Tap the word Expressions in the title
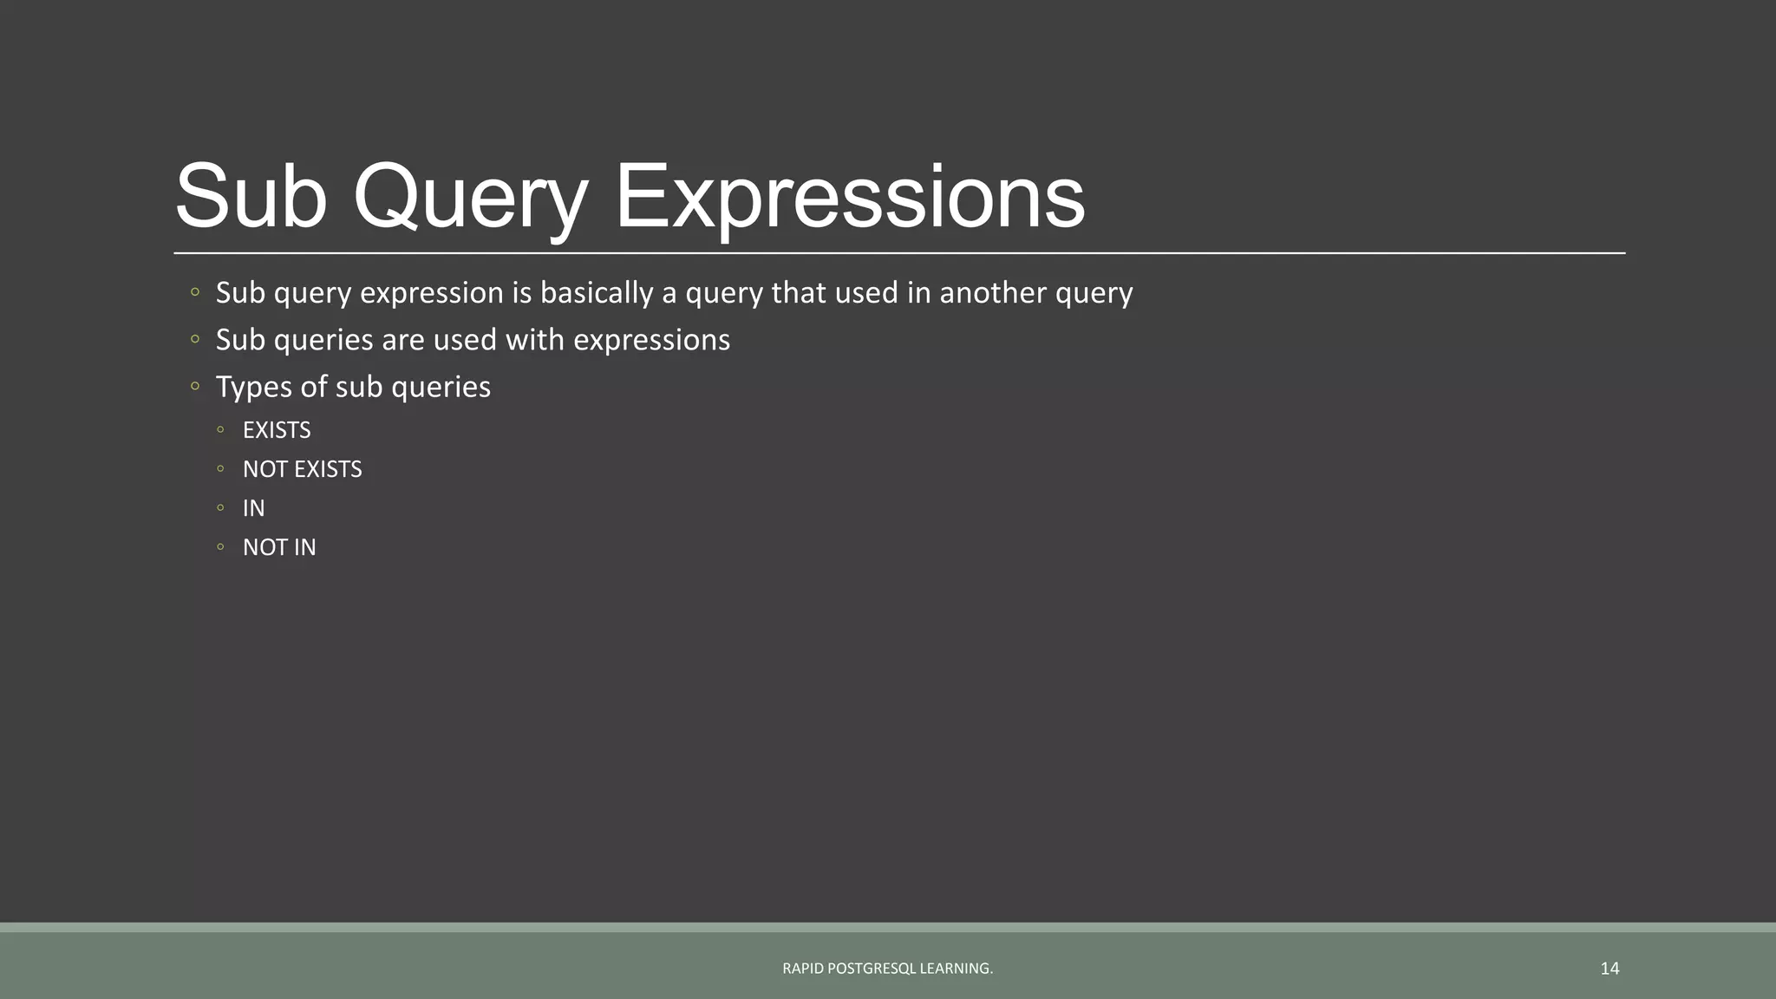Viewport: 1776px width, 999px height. click(x=849, y=198)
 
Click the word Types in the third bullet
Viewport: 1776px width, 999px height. click(x=253, y=387)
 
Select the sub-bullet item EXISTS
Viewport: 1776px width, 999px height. click(x=276, y=430)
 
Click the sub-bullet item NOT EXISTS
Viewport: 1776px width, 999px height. click(x=302, y=469)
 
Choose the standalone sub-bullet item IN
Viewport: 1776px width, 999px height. click(x=253, y=508)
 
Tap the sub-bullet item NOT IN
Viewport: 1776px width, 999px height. click(x=278, y=547)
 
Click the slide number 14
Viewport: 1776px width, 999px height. click(x=1609, y=968)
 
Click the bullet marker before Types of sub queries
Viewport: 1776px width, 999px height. click(x=195, y=386)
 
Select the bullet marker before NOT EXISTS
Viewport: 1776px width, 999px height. click(x=221, y=468)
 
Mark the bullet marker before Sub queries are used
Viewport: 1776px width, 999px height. click(x=195, y=339)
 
